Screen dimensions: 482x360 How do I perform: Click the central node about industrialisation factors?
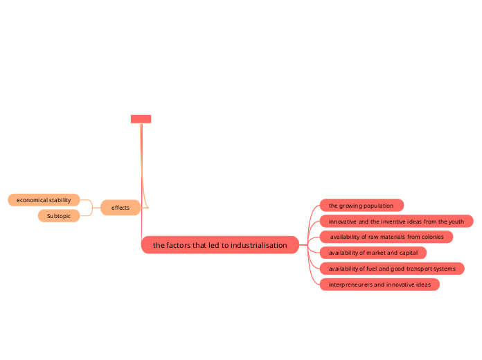(x=220, y=245)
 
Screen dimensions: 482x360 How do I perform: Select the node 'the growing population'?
(x=361, y=206)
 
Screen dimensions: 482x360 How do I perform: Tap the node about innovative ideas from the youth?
(x=396, y=222)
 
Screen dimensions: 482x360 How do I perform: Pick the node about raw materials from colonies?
(x=386, y=237)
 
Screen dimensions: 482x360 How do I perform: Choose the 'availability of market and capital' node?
(x=373, y=253)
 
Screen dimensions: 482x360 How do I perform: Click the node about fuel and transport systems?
(x=392, y=269)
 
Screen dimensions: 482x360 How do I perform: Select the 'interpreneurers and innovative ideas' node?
(x=380, y=285)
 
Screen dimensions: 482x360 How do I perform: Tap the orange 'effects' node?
(x=120, y=208)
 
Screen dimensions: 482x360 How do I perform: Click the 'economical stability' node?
(x=44, y=200)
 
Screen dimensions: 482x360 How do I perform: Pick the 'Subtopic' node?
(x=59, y=216)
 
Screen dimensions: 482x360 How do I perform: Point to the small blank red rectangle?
(x=141, y=119)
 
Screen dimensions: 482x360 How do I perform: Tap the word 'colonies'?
(x=428, y=237)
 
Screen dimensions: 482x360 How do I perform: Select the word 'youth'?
(x=456, y=222)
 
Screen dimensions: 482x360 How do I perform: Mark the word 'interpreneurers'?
(x=350, y=285)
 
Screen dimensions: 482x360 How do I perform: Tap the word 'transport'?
(x=416, y=269)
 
